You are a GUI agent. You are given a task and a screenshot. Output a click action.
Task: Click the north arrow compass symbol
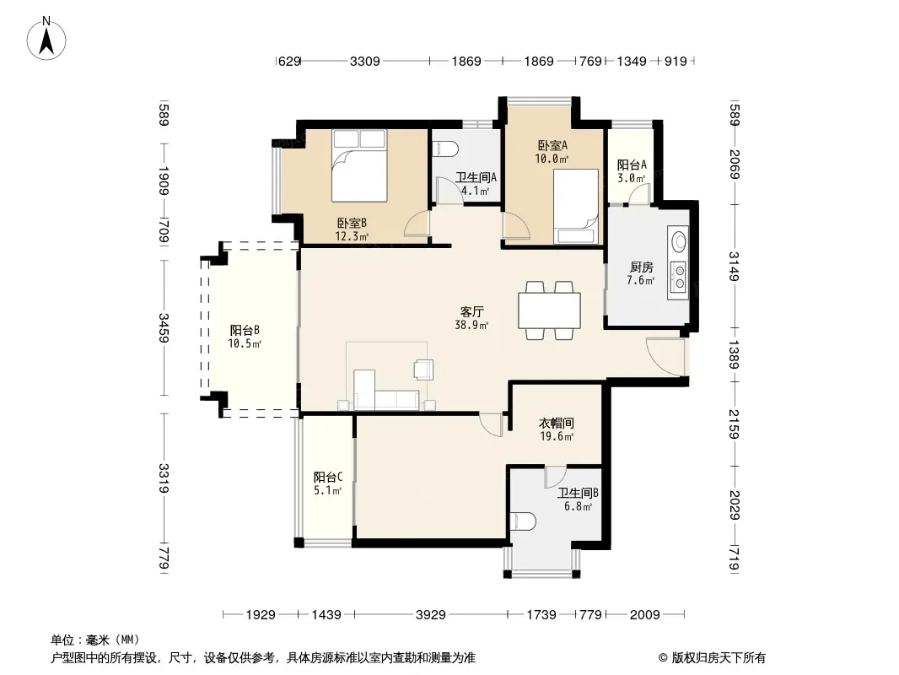tap(46, 39)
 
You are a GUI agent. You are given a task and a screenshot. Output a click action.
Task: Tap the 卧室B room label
tap(352, 223)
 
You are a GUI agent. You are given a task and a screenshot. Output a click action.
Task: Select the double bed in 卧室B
tap(359, 165)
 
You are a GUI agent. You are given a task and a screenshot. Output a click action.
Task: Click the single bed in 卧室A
tap(576, 207)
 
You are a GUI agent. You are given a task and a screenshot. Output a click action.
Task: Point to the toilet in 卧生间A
tap(446, 148)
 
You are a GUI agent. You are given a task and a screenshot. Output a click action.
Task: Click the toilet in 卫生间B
tap(523, 521)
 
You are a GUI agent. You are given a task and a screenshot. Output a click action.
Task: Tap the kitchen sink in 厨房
tap(678, 240)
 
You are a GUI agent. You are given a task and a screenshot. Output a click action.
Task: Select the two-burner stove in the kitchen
tap(679, 276)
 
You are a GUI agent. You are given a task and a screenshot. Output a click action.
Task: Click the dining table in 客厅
tap(549, 310)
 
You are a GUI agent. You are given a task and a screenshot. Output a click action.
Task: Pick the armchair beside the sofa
tap(423, 369)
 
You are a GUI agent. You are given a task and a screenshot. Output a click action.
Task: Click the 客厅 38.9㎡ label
tap(472, 318)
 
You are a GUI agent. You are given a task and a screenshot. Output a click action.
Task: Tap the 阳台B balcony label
tap(245, 331)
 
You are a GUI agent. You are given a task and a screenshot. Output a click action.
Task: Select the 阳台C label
tap(328, 478)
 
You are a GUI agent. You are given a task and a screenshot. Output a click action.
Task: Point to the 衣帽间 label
tap(556, 424)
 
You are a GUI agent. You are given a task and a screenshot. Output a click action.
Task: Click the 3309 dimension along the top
tap(365, 61)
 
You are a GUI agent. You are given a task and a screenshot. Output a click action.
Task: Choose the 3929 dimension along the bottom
tap(431, 615)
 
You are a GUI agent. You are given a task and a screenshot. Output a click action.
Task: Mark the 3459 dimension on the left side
tap(164, 328)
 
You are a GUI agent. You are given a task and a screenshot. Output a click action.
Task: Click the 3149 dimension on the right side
tap(734, 267)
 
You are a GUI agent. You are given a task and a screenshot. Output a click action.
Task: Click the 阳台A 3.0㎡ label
tap(632, 171)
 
